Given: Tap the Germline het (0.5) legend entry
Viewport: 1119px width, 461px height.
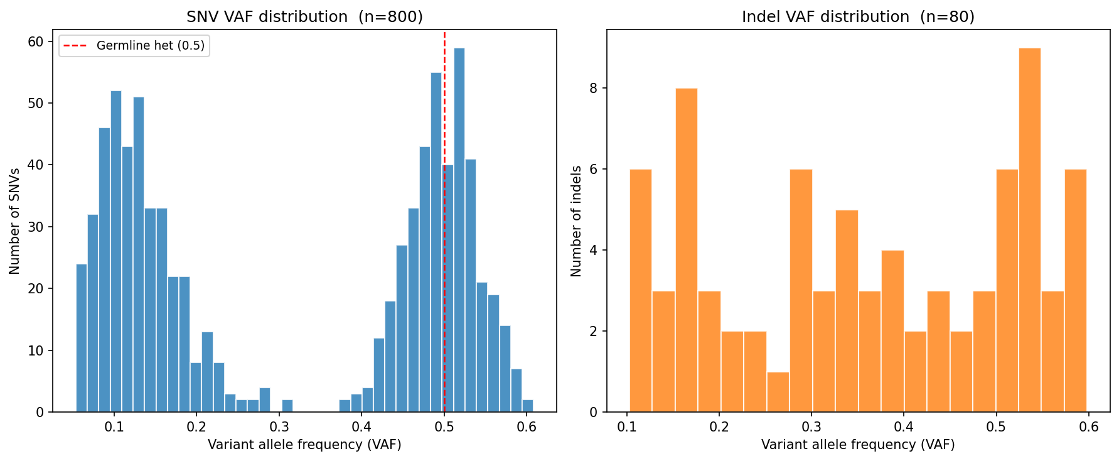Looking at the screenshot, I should (134, 46).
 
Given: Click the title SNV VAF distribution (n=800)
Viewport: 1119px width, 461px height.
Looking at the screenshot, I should (304, 17).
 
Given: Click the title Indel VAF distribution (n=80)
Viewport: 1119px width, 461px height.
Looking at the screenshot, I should (858, 17).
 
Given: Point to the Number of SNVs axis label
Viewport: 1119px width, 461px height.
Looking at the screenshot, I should (14, 221).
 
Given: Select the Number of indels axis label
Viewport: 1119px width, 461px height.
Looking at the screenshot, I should (576, 221).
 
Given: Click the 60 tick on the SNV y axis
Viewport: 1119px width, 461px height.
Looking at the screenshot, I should (36, 42).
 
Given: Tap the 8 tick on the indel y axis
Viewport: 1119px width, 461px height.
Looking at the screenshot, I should (594, 89).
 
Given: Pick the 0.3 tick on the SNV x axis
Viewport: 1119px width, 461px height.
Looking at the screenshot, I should (279, 427).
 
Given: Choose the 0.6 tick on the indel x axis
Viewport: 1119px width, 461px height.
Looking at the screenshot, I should (1089, 427).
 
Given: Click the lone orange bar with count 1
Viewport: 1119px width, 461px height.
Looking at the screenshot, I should (778, 393).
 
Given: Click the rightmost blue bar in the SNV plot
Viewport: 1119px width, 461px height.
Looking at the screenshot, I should (527, 406).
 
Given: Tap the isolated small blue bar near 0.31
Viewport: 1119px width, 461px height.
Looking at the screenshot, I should (287, 406).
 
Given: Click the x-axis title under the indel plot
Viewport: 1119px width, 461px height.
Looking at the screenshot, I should (858, 445).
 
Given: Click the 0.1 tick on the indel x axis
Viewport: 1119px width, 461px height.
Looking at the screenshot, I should (627, 427).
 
